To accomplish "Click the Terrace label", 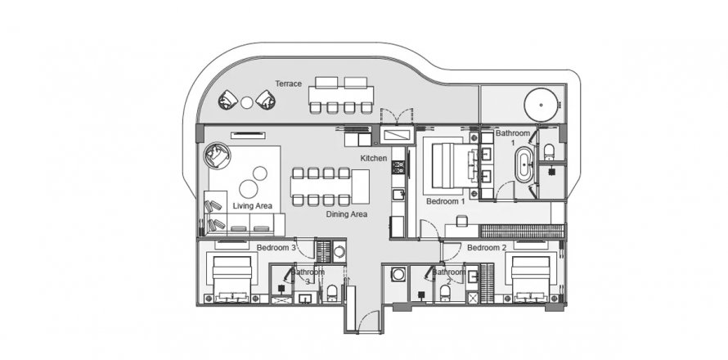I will point(289,84).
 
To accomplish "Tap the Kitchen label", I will point(373,157).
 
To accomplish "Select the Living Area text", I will point(252,205).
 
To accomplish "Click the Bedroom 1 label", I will point(445,200).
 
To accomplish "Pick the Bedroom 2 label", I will point(488,247).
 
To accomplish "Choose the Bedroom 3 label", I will point(276,247).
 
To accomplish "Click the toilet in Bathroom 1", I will point(549,149).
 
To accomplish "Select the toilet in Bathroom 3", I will point(333,291).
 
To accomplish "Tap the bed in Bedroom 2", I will point(531,276).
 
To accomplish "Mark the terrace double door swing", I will point(390,115).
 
